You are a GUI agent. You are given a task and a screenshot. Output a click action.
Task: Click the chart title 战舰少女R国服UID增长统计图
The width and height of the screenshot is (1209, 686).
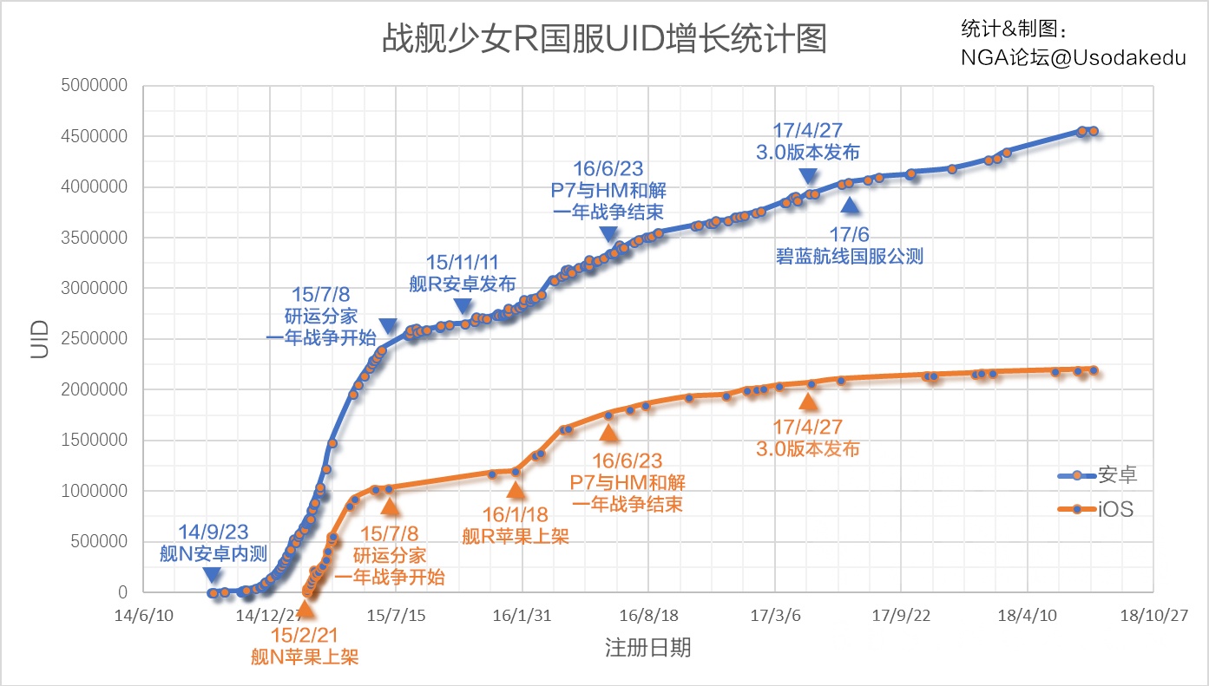point(604,40)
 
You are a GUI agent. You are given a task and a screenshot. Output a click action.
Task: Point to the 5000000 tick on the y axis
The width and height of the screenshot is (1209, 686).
point(96,86)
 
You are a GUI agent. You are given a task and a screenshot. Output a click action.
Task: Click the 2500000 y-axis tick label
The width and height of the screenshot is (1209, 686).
point(96,339)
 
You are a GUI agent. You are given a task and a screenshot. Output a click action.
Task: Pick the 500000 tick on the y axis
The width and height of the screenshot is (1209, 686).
point(101,542)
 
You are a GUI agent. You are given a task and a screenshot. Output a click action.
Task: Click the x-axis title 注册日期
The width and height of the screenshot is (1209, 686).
point(647,647)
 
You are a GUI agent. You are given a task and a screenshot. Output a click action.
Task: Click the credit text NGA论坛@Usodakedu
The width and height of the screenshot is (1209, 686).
point(1073,57)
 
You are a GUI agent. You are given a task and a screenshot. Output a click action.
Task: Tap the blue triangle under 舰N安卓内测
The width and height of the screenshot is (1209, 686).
point(213,575)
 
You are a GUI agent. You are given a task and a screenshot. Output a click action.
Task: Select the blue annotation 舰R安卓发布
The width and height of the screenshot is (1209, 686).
point(463,284)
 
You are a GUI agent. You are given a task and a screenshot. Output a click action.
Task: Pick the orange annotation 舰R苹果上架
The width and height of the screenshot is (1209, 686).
point(515,536)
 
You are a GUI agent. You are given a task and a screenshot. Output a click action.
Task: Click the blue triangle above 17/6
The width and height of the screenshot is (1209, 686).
point(851,205)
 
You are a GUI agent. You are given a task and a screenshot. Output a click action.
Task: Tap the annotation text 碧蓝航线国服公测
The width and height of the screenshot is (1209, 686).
point(850,256)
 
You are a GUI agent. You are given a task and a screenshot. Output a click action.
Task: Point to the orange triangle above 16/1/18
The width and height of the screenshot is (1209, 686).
point(516,490)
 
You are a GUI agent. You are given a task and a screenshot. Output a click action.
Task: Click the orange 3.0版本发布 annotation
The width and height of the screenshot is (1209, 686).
point(807,449)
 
